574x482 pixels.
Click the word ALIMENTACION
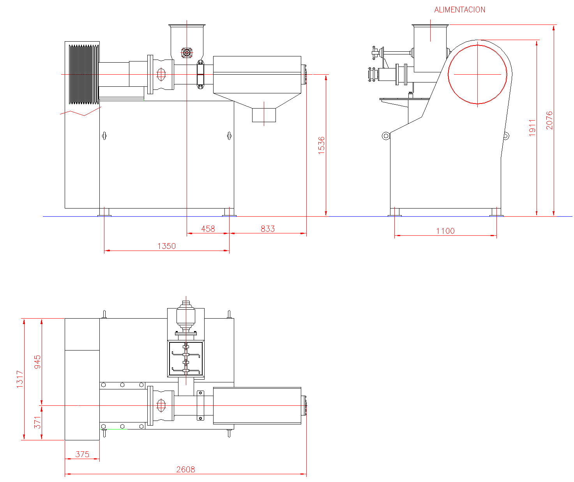pos(459,10)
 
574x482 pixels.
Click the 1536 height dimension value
pos(321,145)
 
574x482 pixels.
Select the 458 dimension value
pos(208,229)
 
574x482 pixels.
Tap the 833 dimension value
pos(267,229)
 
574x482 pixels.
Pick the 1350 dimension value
pos(167,246)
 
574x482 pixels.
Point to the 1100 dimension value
pos(445,231)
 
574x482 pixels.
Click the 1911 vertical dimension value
pos(532,128)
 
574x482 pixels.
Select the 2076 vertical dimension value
pos(549,120)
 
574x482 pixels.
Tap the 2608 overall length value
pos(185,470)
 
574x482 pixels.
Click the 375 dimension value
pos(82,454)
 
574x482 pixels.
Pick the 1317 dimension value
pos(20,379)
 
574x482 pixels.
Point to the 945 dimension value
pos(37,362)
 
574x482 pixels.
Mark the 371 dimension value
pos(37,422)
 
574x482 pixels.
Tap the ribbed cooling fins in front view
pos(83,74)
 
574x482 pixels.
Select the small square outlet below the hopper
pos(264,115)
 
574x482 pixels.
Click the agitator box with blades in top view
pos(186,359)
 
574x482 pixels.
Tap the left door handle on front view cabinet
pos(104,136)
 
